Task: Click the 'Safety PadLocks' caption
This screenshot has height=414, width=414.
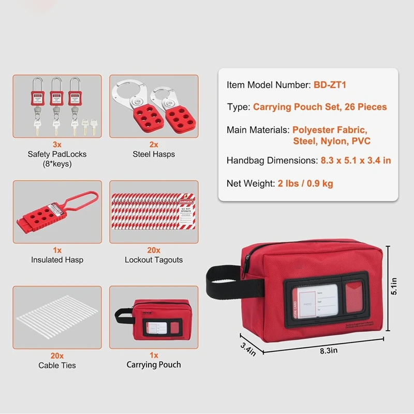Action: coord(57,154)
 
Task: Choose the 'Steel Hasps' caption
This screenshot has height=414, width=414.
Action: coord(154,154)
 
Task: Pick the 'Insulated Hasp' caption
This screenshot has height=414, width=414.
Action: coord(57,260)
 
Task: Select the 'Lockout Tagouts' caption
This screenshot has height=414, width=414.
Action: coord(154,260)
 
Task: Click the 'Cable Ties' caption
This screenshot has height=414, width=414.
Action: coord(57,365)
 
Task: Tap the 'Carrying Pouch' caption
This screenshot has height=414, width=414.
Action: coord(154,365)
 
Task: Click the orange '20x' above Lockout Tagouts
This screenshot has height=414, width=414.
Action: coord(154,250)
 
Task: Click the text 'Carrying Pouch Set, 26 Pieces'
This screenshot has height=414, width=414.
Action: coord(320,107)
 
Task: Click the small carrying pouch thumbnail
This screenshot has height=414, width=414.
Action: coord(153,320)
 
